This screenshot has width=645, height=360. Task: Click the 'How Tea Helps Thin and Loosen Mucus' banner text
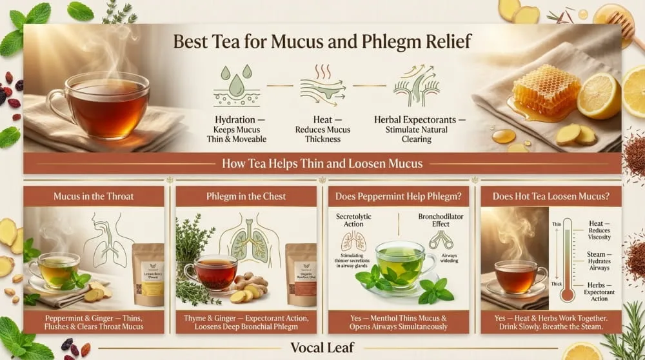coord(322,163)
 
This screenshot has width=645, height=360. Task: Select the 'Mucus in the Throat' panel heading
coord(94,196)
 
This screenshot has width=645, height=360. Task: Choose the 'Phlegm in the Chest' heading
coord(246,196)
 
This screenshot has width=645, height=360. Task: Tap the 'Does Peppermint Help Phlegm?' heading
coord(399,196)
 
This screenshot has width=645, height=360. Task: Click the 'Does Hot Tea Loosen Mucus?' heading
coord(551,196)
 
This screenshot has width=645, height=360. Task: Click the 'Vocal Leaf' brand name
coord(322,347)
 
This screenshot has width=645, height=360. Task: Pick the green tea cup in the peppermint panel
coord(399,261)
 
